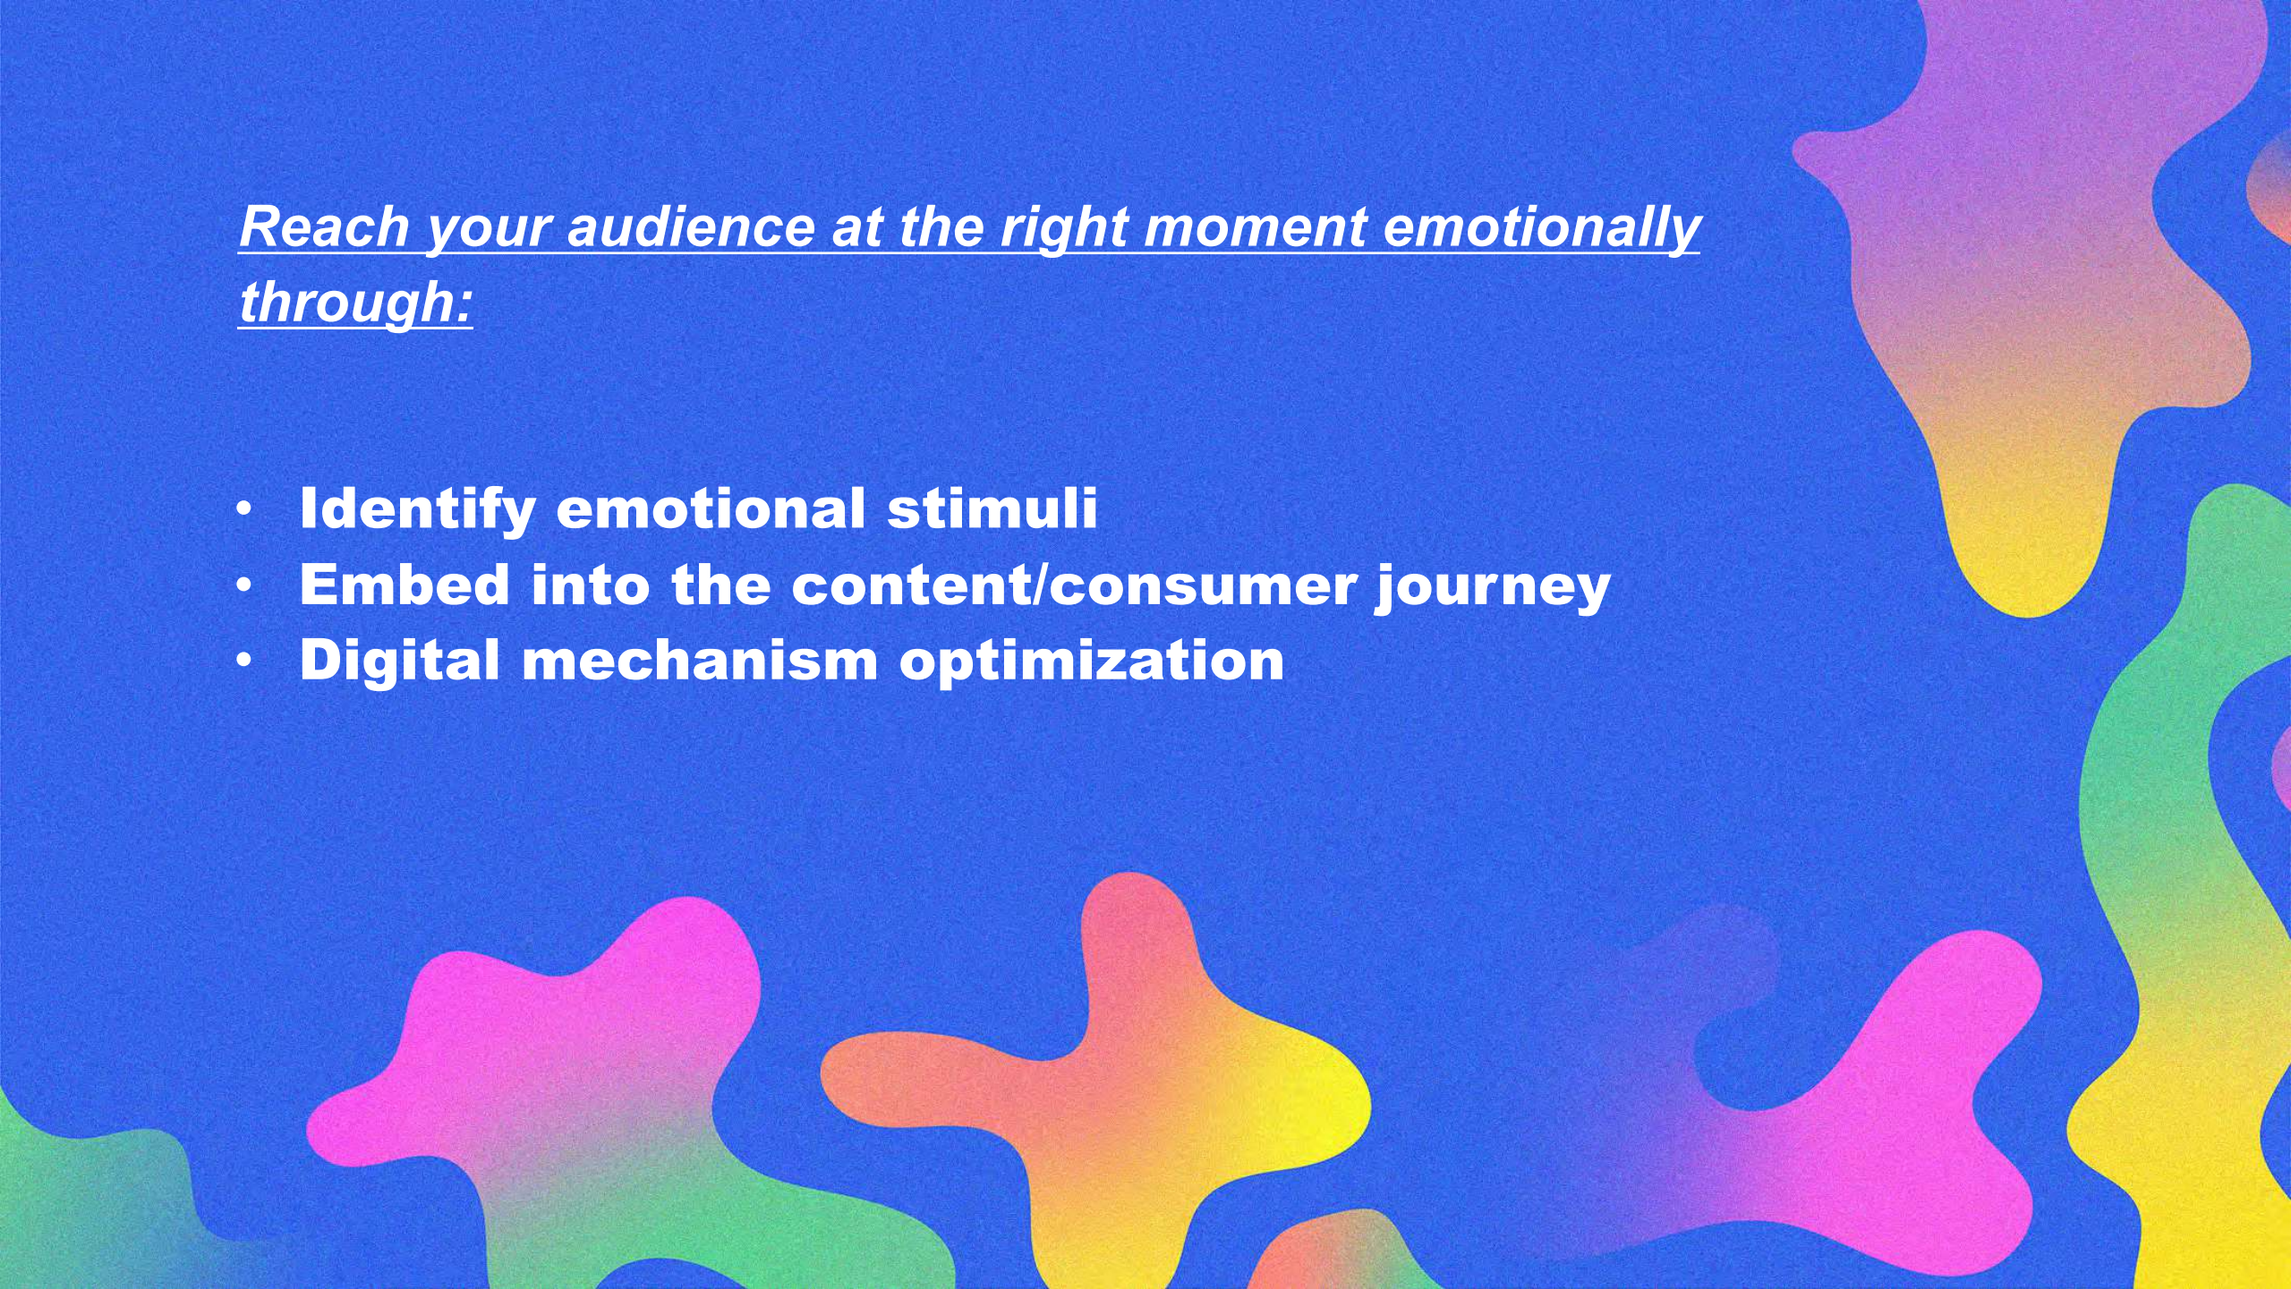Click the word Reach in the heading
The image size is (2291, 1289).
(x=324, y=226)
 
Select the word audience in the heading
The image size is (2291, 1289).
(x=690, y=226)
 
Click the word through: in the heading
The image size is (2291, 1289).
(x=355, y=303)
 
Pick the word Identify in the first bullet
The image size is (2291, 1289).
(x=418, y=510)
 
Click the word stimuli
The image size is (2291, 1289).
(x=992, y=508)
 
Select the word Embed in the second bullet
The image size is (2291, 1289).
(x=405, y=585)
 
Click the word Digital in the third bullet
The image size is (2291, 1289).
(x=399, y=662)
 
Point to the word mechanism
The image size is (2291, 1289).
(x=700, y=661)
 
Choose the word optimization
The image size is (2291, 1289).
(x=1092, y=662)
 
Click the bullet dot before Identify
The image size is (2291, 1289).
(x=244, y=510)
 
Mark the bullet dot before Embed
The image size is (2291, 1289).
(x=244, y=585)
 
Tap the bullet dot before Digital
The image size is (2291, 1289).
(x=244, y=662)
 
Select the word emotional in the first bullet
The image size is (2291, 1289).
(x=711, y=508)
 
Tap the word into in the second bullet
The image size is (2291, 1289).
(x=591, y=585)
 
